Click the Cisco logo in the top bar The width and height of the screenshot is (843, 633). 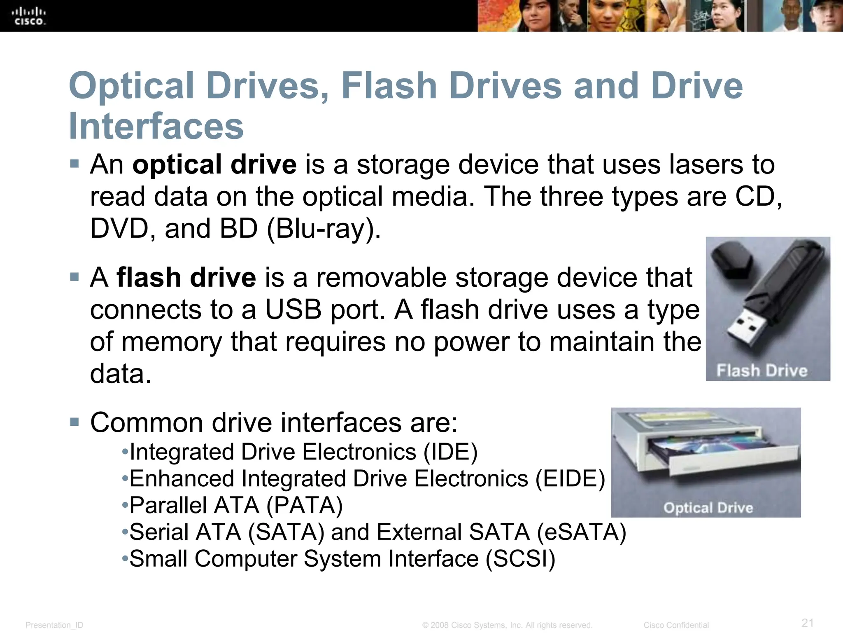[30, 16]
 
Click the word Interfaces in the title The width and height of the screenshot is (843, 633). [156, 126]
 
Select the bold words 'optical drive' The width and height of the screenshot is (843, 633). [214, 164]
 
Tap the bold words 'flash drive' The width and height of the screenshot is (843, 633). [186, 277]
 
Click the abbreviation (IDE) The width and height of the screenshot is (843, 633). [451, 452]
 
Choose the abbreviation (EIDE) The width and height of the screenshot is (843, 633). [570, 478]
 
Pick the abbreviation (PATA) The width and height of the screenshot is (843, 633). [305, 505]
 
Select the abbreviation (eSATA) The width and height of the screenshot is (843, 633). [581, 532]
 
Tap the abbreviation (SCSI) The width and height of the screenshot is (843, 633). [520, 559]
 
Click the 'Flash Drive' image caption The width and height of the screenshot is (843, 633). [762, 370]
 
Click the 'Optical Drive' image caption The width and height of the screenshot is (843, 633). [708, 507]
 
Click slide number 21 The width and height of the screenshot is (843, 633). [808, 622]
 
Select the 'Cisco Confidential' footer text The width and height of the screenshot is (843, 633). [676, 625]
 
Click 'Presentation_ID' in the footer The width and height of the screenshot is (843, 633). [54, 625]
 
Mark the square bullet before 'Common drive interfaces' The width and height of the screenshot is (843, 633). [75, 422]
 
